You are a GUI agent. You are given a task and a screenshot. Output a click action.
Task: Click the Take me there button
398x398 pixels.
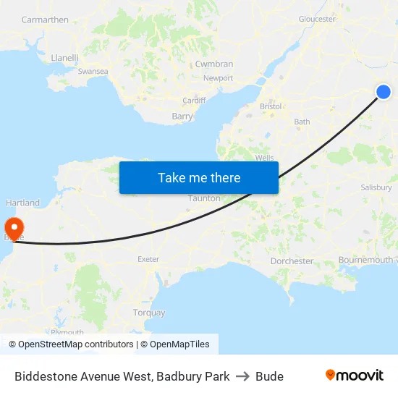199,177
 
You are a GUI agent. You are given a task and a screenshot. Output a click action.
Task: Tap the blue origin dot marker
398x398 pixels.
384,92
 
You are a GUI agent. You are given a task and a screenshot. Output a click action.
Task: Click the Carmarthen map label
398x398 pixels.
45,20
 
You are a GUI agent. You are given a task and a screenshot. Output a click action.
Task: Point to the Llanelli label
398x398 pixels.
64,57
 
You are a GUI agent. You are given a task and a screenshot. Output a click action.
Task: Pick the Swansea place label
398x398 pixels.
93,72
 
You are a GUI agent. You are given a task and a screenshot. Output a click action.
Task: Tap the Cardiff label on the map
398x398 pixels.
194,101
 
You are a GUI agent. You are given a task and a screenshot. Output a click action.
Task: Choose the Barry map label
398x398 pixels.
182,116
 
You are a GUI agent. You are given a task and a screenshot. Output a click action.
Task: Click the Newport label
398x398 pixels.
218,78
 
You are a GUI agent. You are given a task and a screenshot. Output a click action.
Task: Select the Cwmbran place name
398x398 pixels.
214,64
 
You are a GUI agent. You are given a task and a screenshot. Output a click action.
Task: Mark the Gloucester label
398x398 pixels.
317,20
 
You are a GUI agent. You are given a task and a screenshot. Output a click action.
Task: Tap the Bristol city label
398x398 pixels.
271,106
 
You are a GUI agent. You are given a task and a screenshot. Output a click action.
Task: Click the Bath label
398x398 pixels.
302,122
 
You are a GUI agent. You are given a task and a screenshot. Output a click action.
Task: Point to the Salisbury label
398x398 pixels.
376,187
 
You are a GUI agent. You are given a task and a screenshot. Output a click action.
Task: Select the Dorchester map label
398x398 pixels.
292,261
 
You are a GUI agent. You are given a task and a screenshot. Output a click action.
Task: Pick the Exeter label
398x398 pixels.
148,258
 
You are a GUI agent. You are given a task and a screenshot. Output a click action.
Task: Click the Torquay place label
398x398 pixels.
149,313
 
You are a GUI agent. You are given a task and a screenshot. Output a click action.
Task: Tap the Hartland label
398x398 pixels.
22,203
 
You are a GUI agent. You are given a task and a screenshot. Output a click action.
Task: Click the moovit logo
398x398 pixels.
354,376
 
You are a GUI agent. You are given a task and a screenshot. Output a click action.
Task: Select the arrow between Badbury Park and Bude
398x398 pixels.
242,376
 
